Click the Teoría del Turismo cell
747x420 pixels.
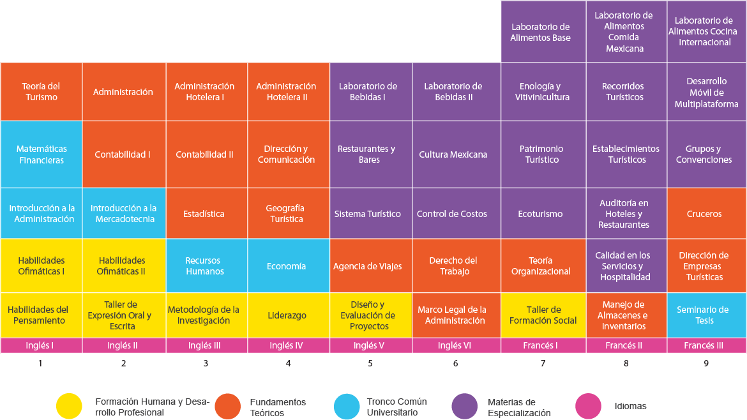click(x=41, y=91)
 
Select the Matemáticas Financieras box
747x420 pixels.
click(x=41, y=154)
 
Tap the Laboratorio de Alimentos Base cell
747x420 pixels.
click(x=543, y=32)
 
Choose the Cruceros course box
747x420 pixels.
click(x=707, y=213)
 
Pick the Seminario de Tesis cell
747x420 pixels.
click(x=707, y=315)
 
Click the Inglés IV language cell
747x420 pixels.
click(x=288, y=346)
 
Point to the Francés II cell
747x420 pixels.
click(x=626, y=346)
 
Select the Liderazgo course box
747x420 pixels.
click(x=288, y=315)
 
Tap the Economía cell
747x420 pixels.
click(x=288, y=266)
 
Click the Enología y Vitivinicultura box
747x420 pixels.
click(x=543, y=91)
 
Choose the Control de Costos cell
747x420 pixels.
click(x=456, y=213)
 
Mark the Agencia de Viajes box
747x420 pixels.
click(x=371, y=266)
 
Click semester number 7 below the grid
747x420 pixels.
click(x=543, y=363)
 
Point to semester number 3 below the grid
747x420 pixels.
click(x=206, y=363)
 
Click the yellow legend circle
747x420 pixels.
click(x=69, y=406)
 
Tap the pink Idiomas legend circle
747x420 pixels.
click(x=589, y=406)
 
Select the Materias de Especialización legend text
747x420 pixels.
click(x=519, y=408)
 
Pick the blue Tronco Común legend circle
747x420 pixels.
click(x=347, y=406)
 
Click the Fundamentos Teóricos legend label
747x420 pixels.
click(x=278, y=408)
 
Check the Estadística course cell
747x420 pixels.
click(x=207, y=213)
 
